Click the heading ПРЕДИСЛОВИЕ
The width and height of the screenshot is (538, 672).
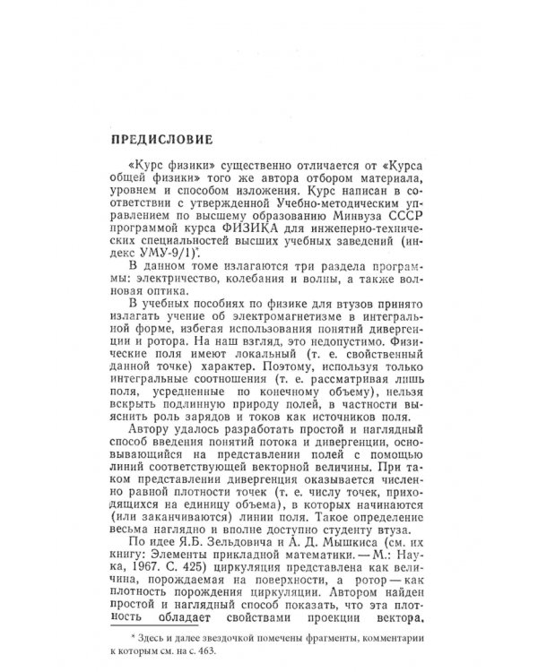pyautogui.click(x=161, y=140)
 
